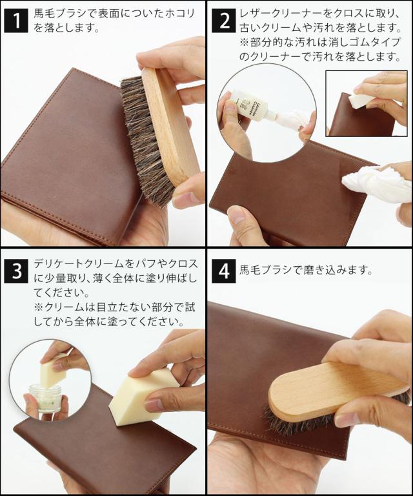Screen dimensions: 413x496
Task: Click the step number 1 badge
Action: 16,21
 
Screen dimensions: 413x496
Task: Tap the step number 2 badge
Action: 224,21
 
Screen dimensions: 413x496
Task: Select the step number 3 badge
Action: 16,271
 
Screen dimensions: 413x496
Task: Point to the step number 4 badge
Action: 224,271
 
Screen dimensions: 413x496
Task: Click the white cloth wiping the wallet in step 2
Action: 373,182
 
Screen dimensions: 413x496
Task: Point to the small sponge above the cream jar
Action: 54,373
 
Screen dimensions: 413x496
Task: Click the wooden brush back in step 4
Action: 332,391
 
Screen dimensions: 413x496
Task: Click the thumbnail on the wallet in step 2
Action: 236,215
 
